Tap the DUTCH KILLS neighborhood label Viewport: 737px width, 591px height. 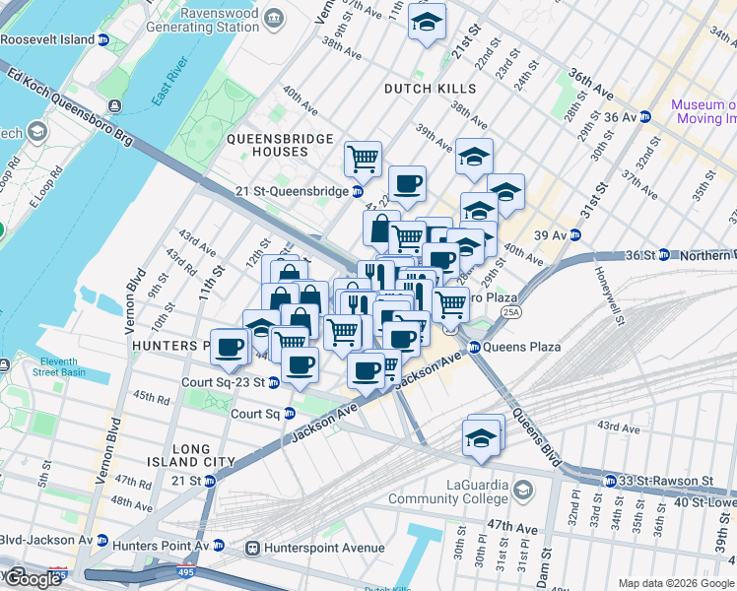pos(430,89)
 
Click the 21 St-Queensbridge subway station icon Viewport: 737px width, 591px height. pos(358,191)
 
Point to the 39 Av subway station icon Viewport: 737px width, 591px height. pos(574,235)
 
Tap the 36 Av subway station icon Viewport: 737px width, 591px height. pos(645,116)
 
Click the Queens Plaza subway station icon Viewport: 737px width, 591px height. pos(474,347)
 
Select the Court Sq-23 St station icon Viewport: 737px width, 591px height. pos(273,382)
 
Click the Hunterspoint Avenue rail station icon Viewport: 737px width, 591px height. pos(253,547)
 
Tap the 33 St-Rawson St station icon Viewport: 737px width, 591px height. pos(611,481)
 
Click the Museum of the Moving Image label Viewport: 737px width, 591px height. pos(703,111)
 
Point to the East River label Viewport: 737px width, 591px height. pos(170,86)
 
